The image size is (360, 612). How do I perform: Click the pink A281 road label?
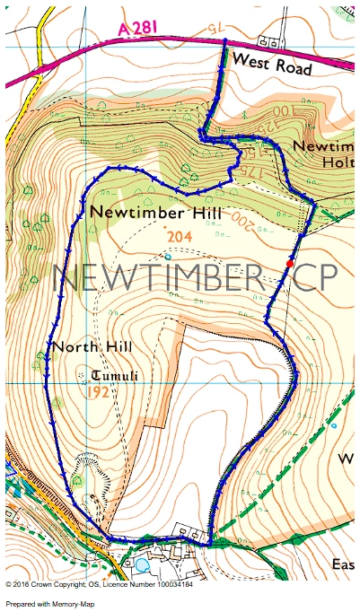(x=138, y=29)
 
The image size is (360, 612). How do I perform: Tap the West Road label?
(x=272, y=63)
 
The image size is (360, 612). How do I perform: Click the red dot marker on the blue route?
(x=288, y=262)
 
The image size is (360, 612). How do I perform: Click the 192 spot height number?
(x=100, y=392)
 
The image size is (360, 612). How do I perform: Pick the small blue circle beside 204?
(x=167, y=256)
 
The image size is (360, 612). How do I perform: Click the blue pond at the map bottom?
(x=142, y=566)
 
